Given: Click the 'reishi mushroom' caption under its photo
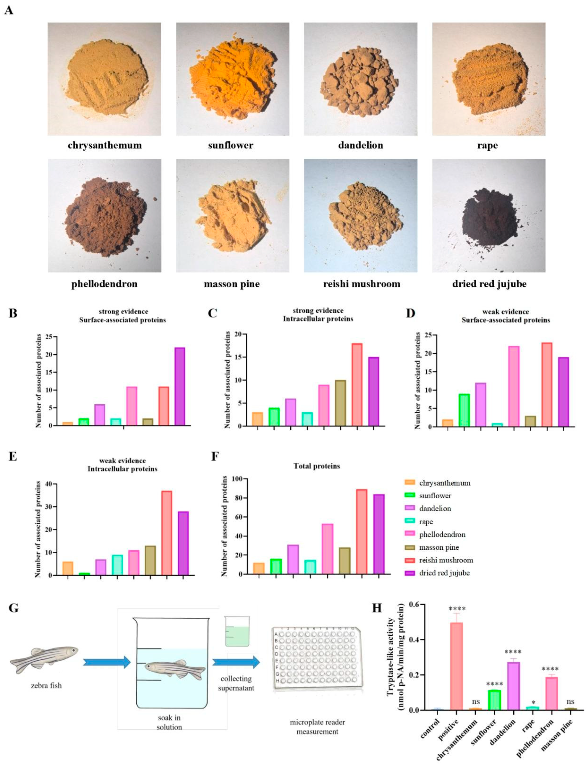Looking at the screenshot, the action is tap(362, 284).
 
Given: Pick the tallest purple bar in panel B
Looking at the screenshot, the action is tap(179, 387).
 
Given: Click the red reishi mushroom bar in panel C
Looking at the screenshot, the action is tap(357, 385).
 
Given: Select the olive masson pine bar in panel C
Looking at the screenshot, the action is tap(340, 403).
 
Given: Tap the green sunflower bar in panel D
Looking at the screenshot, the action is tap(464, 410).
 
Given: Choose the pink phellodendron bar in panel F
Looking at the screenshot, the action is tap(327, 549).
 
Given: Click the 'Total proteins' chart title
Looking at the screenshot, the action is tap(317, 466).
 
